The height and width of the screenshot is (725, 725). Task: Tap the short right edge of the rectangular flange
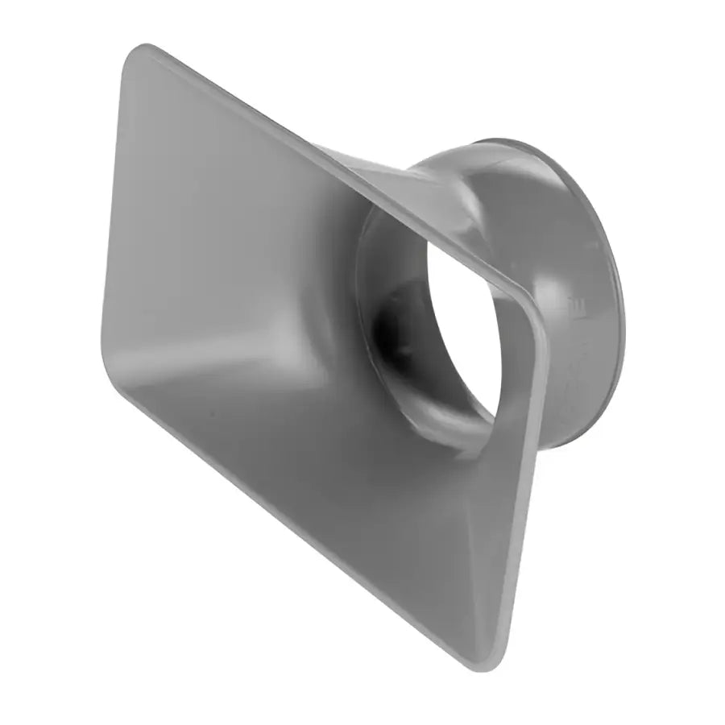524,483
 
